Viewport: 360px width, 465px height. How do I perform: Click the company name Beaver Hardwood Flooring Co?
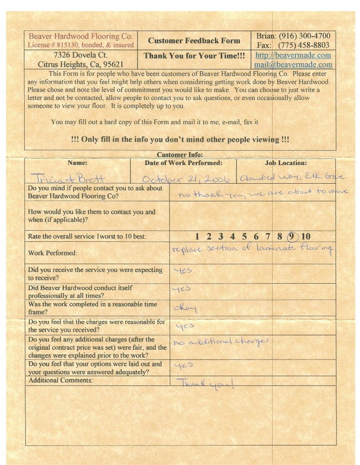coord(81,36)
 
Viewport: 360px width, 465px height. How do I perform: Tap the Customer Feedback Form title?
coord(194,40)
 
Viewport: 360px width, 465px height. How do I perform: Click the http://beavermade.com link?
coord(293,55)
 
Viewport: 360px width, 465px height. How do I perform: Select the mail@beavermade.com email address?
coord(293,65)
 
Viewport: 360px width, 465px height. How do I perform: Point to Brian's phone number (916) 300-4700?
coord(304,36)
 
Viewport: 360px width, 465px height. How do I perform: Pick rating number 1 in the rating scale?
coord(198,237)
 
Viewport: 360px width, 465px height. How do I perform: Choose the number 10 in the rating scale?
coord(306,237)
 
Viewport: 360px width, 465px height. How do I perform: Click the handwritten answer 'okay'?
coord(185,308)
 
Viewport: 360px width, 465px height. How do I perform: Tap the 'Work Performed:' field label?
coord(53,253)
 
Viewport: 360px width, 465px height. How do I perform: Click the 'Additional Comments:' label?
coord(60,380)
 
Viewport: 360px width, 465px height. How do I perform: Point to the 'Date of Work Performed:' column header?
coord(183,163)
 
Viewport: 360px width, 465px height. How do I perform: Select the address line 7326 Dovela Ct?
coord(81,55)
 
